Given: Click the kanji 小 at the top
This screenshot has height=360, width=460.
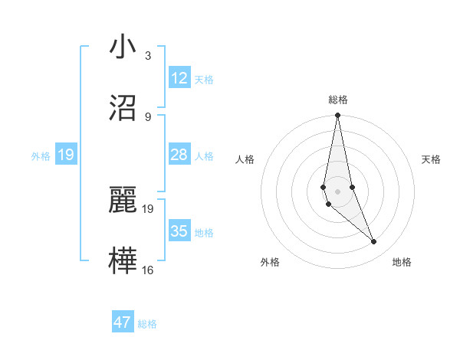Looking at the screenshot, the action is [123, 47].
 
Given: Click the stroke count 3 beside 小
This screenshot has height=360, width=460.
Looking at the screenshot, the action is [148, 55].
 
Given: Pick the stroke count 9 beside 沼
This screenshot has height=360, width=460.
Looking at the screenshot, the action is [148, 116].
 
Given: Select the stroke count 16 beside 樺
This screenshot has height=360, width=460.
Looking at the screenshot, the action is [148, 270].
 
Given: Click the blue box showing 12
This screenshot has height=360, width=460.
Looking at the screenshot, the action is [179, 78].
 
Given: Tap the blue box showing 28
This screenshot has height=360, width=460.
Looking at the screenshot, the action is [179, 155].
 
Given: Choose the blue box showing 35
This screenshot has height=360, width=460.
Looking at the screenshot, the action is [179, 231].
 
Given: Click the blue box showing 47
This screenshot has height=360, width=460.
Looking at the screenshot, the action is [123, 322].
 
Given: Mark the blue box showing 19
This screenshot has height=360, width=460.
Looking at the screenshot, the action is [65, 155].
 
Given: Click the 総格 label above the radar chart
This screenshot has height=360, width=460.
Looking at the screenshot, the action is [338, 100].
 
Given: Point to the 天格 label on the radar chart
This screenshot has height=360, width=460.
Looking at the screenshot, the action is [431, 159].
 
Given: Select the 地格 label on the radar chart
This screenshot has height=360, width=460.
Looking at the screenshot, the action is [402, 262].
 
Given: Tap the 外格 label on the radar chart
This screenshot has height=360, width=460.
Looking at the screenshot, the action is [270, 262].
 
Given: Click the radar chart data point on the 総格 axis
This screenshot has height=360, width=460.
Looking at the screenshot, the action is [337, 116].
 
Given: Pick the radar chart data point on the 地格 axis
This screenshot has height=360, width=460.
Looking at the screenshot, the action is [374, 241].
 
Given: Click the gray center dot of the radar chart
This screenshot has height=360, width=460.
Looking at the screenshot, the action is [337, 191].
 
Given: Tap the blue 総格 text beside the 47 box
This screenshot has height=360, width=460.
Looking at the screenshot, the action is [147, 324].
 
